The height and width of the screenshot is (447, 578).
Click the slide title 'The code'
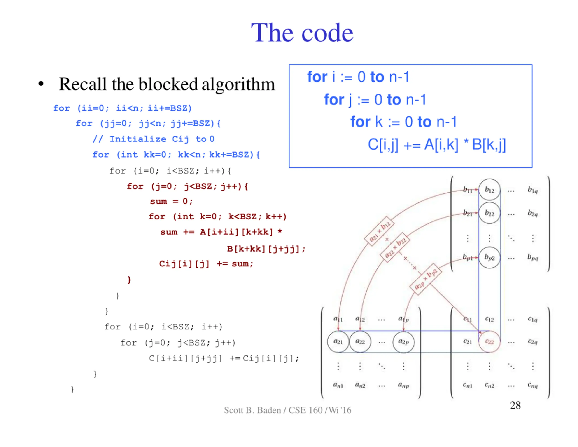point(302,33)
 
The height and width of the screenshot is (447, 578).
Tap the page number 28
point(515,405)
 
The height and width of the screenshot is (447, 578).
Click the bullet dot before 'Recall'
point(41,84)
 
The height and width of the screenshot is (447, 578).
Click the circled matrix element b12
point(489,190)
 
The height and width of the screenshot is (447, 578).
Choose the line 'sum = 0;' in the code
point(171,201)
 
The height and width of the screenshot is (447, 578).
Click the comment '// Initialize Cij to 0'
point(154,139)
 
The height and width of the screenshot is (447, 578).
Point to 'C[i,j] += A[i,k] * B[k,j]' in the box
point(437,145)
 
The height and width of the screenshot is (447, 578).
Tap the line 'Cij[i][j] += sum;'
point(206,264)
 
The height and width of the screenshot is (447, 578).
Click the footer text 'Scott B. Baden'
point(252,410)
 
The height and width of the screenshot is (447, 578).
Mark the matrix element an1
point(338,385)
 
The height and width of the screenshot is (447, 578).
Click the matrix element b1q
point(532,190)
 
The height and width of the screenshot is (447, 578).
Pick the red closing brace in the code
point(129,280)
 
